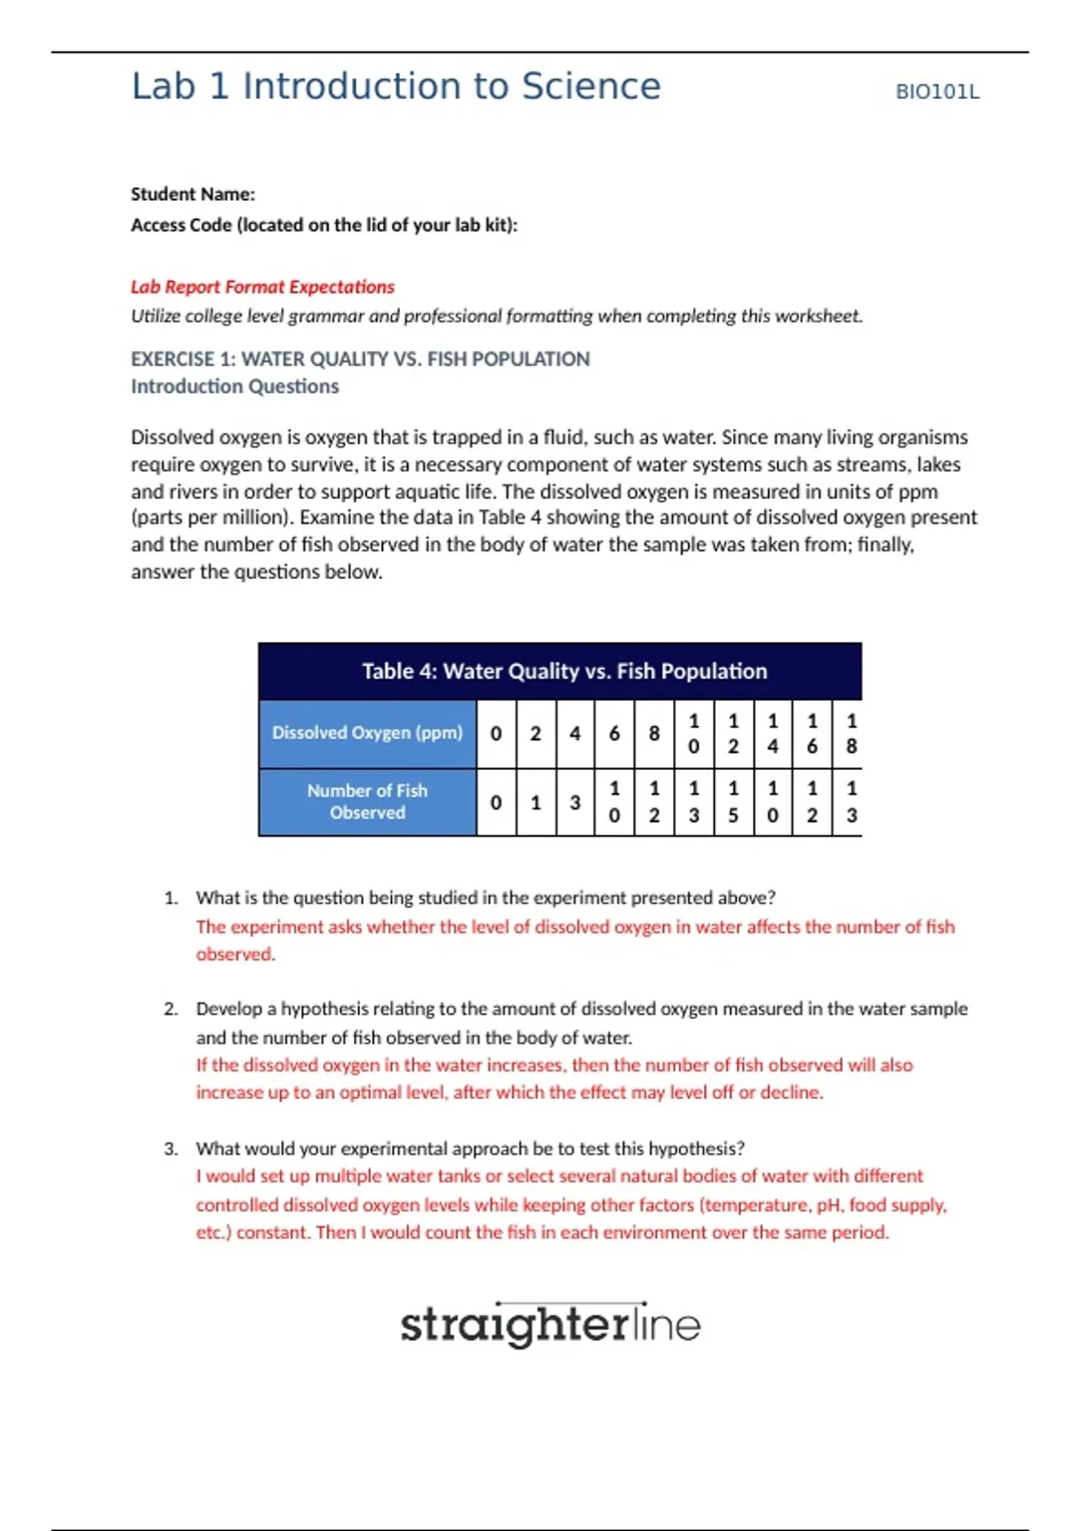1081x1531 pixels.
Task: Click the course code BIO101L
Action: (x=937, y=92)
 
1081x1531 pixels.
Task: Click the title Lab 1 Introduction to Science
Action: (x=396, y=86)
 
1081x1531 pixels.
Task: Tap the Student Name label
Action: (x=193, y=194)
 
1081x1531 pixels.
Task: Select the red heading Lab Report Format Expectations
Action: (x=262, y=286)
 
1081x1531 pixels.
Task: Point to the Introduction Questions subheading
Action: (x=234, y=386)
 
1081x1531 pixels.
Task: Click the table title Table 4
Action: (x=564, y=671)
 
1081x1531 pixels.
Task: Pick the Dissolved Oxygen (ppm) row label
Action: (x=367, y=733)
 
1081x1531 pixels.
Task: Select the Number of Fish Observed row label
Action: (x=367, y=802)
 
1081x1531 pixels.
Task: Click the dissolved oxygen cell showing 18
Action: (x=851, y=733)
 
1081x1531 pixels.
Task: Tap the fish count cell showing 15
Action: (x=733, y=802)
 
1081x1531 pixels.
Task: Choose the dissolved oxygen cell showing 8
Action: (x=654, y=733)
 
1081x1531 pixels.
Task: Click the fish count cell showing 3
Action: (x=575, y=802)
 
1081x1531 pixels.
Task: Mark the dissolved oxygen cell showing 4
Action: (x=575, y=733)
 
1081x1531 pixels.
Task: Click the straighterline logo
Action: (x=550, y=1325)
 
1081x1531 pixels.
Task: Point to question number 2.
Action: (x=171, y=1009)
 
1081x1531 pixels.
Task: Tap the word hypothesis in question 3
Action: (x=691, y=1148)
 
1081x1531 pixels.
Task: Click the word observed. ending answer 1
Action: (x=235, y=954)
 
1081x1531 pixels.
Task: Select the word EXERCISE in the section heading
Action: (x=172, y=359)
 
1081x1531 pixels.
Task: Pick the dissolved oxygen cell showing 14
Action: (x=773, y=733)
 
